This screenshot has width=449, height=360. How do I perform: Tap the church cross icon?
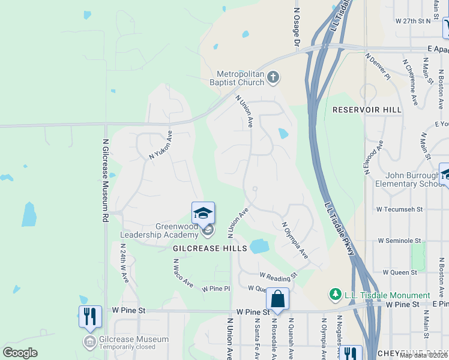pos(273,77)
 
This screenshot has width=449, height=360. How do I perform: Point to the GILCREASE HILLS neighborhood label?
pos(201,248)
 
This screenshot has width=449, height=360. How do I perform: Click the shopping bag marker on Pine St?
pos(277,299)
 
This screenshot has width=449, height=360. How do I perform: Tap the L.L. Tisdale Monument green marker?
pos(334,295)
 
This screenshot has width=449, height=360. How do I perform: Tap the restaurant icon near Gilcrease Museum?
pos(89,315)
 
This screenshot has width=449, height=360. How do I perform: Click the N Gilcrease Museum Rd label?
pos(106,181)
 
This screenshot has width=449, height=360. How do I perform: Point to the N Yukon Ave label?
pos(160,145)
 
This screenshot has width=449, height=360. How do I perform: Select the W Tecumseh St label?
pos(399,209)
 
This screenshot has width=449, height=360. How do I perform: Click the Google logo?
pos(20,353)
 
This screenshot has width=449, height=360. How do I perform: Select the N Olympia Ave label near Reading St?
pos(295,240)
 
